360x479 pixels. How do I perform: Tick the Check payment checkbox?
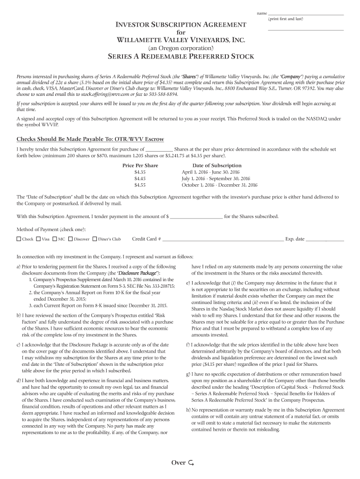(x=19, y=239)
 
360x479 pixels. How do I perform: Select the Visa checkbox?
(x=38, y=239)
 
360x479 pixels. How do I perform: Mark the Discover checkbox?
(x=71, y=239)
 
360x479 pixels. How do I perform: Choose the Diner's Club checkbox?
(x=94, y=239)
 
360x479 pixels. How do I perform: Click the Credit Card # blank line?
(x=223, y=239)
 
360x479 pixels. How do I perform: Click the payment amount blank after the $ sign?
(x=196, y=217)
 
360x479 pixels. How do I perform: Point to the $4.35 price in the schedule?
(x=140, y=172)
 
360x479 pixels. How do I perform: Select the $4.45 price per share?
(x=140, y=179)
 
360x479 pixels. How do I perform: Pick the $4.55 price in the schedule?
(x=140, y=185)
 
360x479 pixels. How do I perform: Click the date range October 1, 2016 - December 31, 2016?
(x=217, y=185)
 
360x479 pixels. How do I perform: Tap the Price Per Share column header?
(x=140, y=166)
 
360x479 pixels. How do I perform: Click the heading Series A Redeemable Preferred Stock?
(x=181, y=57)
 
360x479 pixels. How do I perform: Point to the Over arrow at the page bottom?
(x=191, y=463)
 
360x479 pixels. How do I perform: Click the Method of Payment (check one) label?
(x=51, y=230)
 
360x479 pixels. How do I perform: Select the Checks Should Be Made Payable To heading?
(x=90, y=139)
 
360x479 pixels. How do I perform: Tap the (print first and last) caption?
(x=286, y=19)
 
